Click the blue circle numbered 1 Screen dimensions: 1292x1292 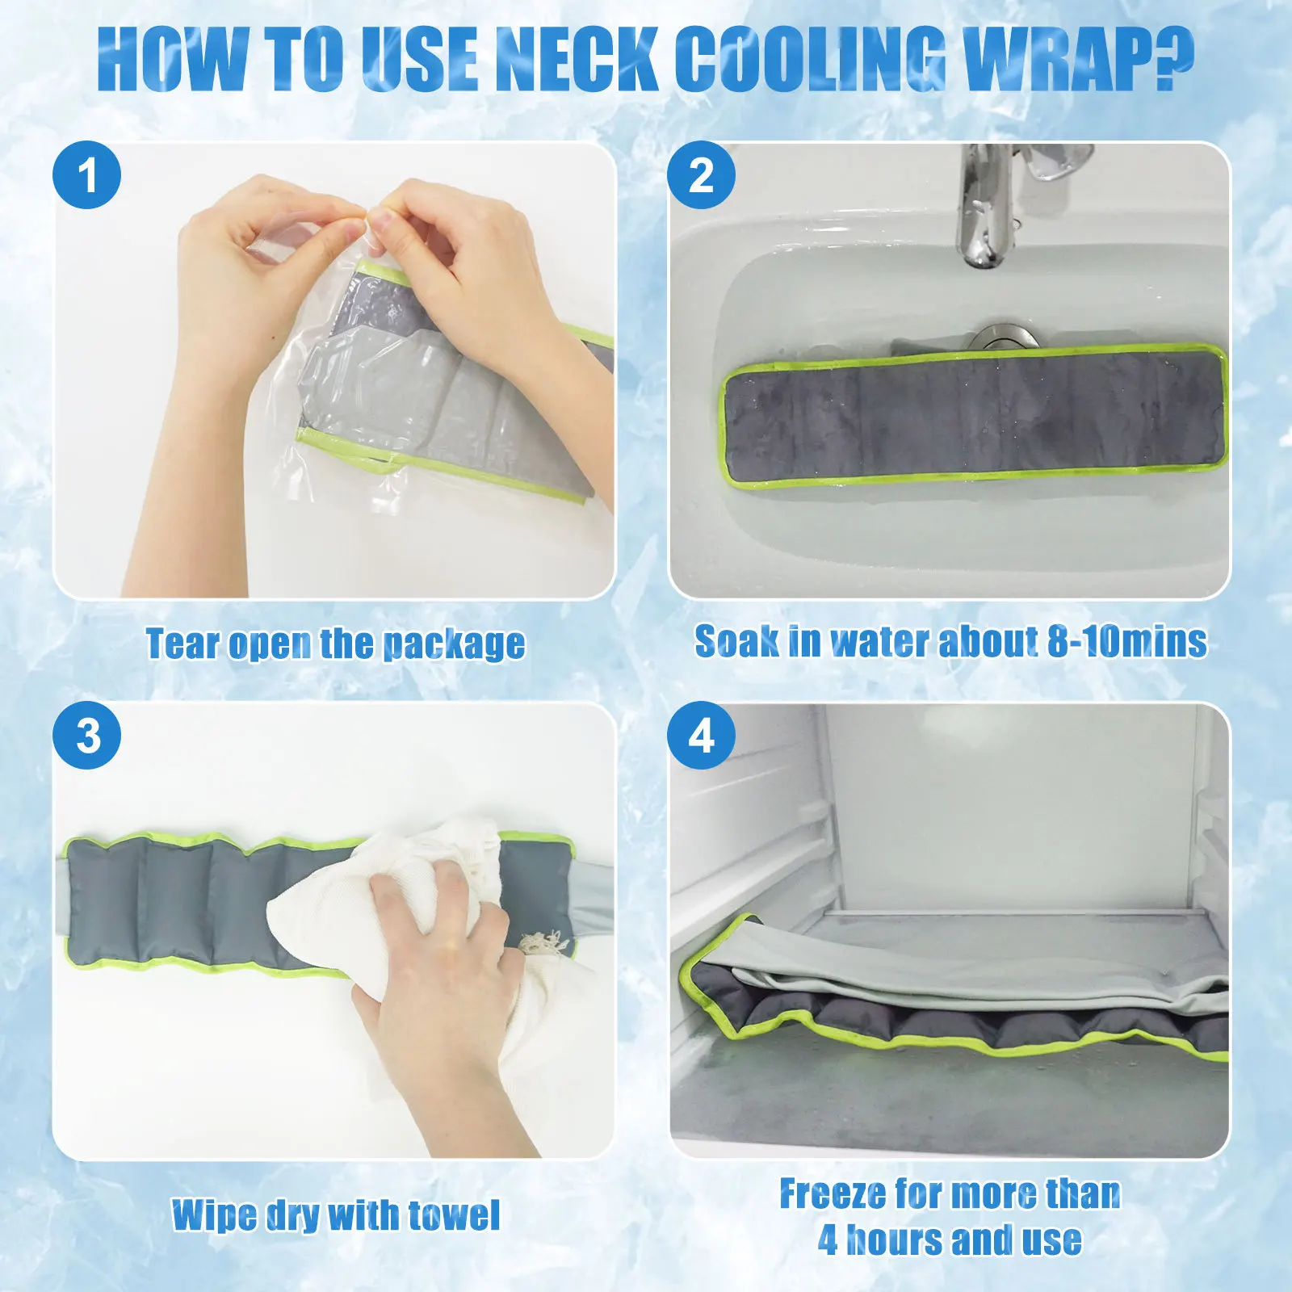pos(87,174)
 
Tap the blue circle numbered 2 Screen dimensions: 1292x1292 pos(701,174)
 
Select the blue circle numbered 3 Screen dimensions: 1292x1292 pos(87,735)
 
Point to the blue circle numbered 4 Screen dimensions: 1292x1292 pos(701,735)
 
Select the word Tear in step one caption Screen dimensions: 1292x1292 pos(182,644)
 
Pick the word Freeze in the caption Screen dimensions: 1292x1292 pos(833,1193)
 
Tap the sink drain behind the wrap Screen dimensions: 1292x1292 pos(998,338)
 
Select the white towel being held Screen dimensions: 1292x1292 pos(420,953)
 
